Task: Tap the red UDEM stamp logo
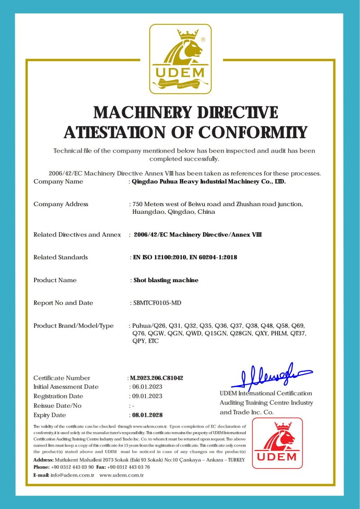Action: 277,443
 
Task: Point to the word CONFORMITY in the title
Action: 252,132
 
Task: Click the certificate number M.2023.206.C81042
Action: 157,378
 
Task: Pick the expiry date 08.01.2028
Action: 146,415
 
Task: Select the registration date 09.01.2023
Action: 146,396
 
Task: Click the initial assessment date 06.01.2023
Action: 146,387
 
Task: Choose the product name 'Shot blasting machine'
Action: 166,280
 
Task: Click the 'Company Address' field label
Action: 61,204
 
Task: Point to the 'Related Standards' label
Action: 61,257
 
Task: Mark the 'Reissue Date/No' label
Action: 58,406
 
